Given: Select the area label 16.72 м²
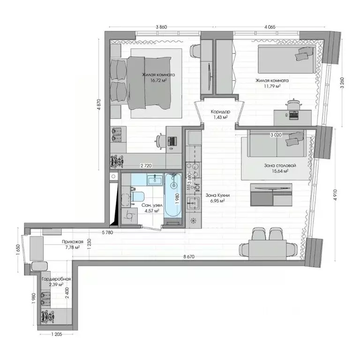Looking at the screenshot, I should (159, 81).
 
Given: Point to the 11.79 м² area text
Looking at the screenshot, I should (272, 86).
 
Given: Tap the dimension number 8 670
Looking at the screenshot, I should (189, 256).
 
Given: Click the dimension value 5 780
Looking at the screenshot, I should (109, 232).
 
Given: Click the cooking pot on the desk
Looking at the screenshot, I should (293, 102).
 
